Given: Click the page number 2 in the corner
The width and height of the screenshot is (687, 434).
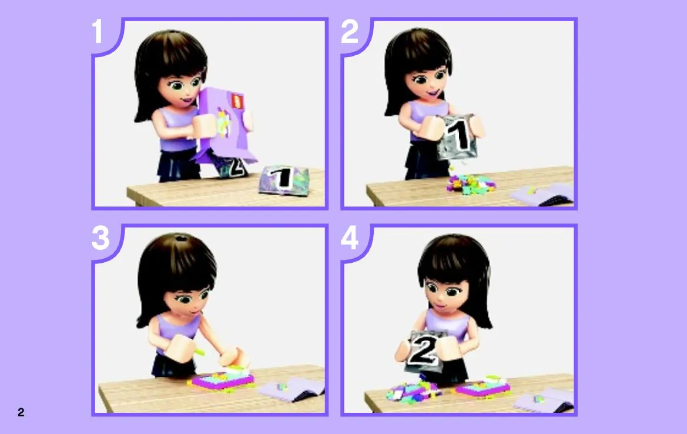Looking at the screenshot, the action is (x=21, y=412).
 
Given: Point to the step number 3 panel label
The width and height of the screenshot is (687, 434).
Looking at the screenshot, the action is (x=100, y=238).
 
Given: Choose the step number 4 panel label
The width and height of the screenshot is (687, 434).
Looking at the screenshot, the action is (x=350, y=238).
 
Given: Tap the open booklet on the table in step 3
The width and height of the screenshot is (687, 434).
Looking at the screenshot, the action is (x=292, y=389).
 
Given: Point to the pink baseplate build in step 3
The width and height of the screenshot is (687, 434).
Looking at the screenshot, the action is (x=222, y=380).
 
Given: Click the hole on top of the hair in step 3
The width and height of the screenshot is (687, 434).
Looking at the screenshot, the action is (x=181, y=239).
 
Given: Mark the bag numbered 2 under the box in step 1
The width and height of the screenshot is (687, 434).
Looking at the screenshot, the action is (x=232, y=166).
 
